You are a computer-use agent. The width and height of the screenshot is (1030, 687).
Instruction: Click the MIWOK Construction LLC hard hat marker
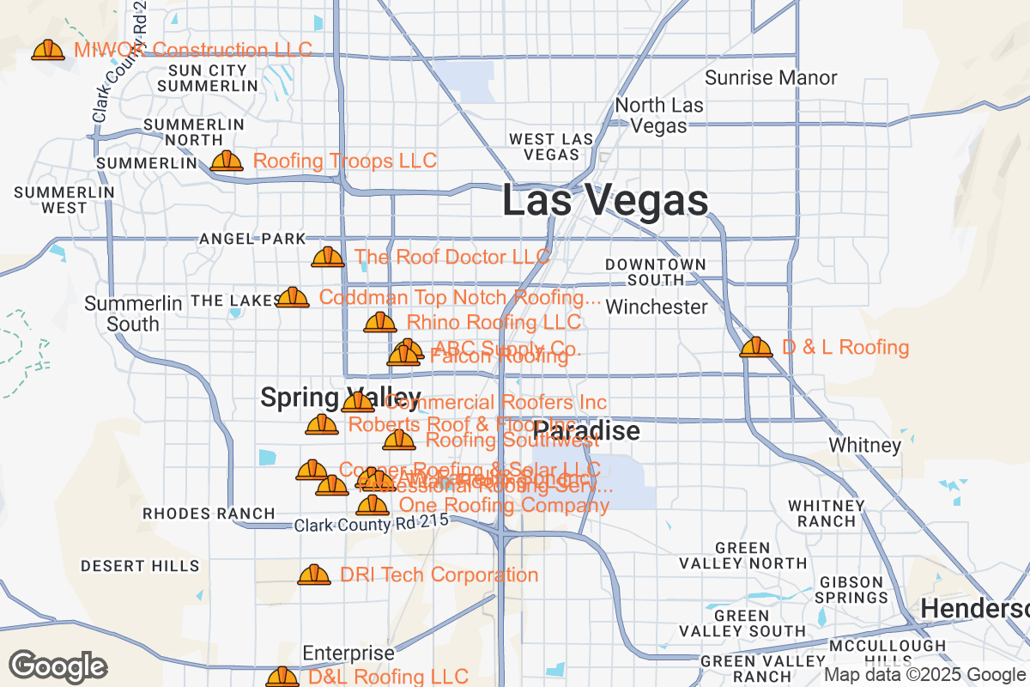(x=48, y=51)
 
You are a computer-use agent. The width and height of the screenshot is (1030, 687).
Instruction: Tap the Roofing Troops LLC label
(x=345, y=161)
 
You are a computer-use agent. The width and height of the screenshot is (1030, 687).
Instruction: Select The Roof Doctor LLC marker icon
(x=327, y=257)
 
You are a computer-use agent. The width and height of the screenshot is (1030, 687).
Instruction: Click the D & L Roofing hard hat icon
(x=756, y=347)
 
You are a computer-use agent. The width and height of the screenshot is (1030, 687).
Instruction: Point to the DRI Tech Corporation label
(x=439, y=575)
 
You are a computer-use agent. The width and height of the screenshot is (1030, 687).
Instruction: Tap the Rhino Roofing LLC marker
(x=380, y=323)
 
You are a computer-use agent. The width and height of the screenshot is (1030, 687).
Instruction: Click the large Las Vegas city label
(x=605, y=201)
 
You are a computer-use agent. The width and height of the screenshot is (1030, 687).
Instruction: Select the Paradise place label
(x=587, y=430)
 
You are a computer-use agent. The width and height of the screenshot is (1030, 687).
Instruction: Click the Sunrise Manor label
(x=771, y=78)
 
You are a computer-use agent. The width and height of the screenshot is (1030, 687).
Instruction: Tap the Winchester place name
(x=657, y=307)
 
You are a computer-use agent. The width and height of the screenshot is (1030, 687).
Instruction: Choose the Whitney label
(x=864, y=446)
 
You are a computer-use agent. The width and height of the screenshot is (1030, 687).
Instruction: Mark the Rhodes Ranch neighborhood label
(x=209, y=514)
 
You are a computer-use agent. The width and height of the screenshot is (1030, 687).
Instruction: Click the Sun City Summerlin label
(x=208, y=78)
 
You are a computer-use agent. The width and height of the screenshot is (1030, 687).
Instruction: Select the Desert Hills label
(x=140, y=566)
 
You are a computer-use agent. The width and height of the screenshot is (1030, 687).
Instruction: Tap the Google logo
(x=58, y=666)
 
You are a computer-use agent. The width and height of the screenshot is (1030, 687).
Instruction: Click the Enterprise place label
(x=348, y=654)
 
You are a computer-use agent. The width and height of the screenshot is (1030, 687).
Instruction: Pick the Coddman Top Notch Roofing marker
(x=293, y=298)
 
